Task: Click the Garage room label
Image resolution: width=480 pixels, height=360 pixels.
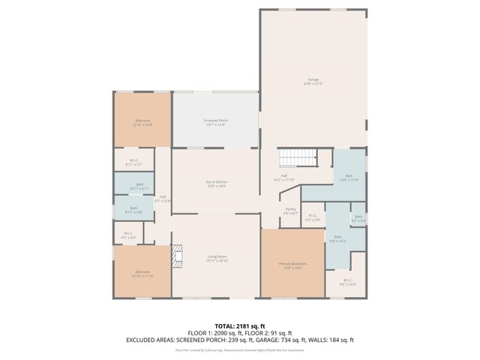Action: (x=313, y=81)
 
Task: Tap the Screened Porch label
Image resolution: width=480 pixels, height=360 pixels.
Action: (x=216, y=122)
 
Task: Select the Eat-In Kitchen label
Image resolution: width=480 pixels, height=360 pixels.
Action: (x=216, y=184)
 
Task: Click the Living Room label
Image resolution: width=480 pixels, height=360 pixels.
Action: (x=217, y=259)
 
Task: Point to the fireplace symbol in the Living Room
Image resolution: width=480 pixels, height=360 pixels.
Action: (x=176, y=256)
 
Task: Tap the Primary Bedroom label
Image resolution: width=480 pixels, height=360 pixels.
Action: (x=292, y=265)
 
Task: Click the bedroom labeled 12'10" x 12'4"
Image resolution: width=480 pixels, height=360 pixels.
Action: (x=142, y=122)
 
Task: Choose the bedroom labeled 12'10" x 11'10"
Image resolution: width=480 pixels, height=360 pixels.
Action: (x=142, y=274)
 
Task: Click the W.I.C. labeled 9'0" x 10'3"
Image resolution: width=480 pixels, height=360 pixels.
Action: (x=346, y=283)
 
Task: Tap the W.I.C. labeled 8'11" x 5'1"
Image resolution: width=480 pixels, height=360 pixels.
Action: (x=133, y=162)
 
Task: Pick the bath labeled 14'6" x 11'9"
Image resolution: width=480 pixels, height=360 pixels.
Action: (x=349, y=177)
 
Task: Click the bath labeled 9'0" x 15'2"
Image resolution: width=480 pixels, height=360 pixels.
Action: (x=338, y=239)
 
